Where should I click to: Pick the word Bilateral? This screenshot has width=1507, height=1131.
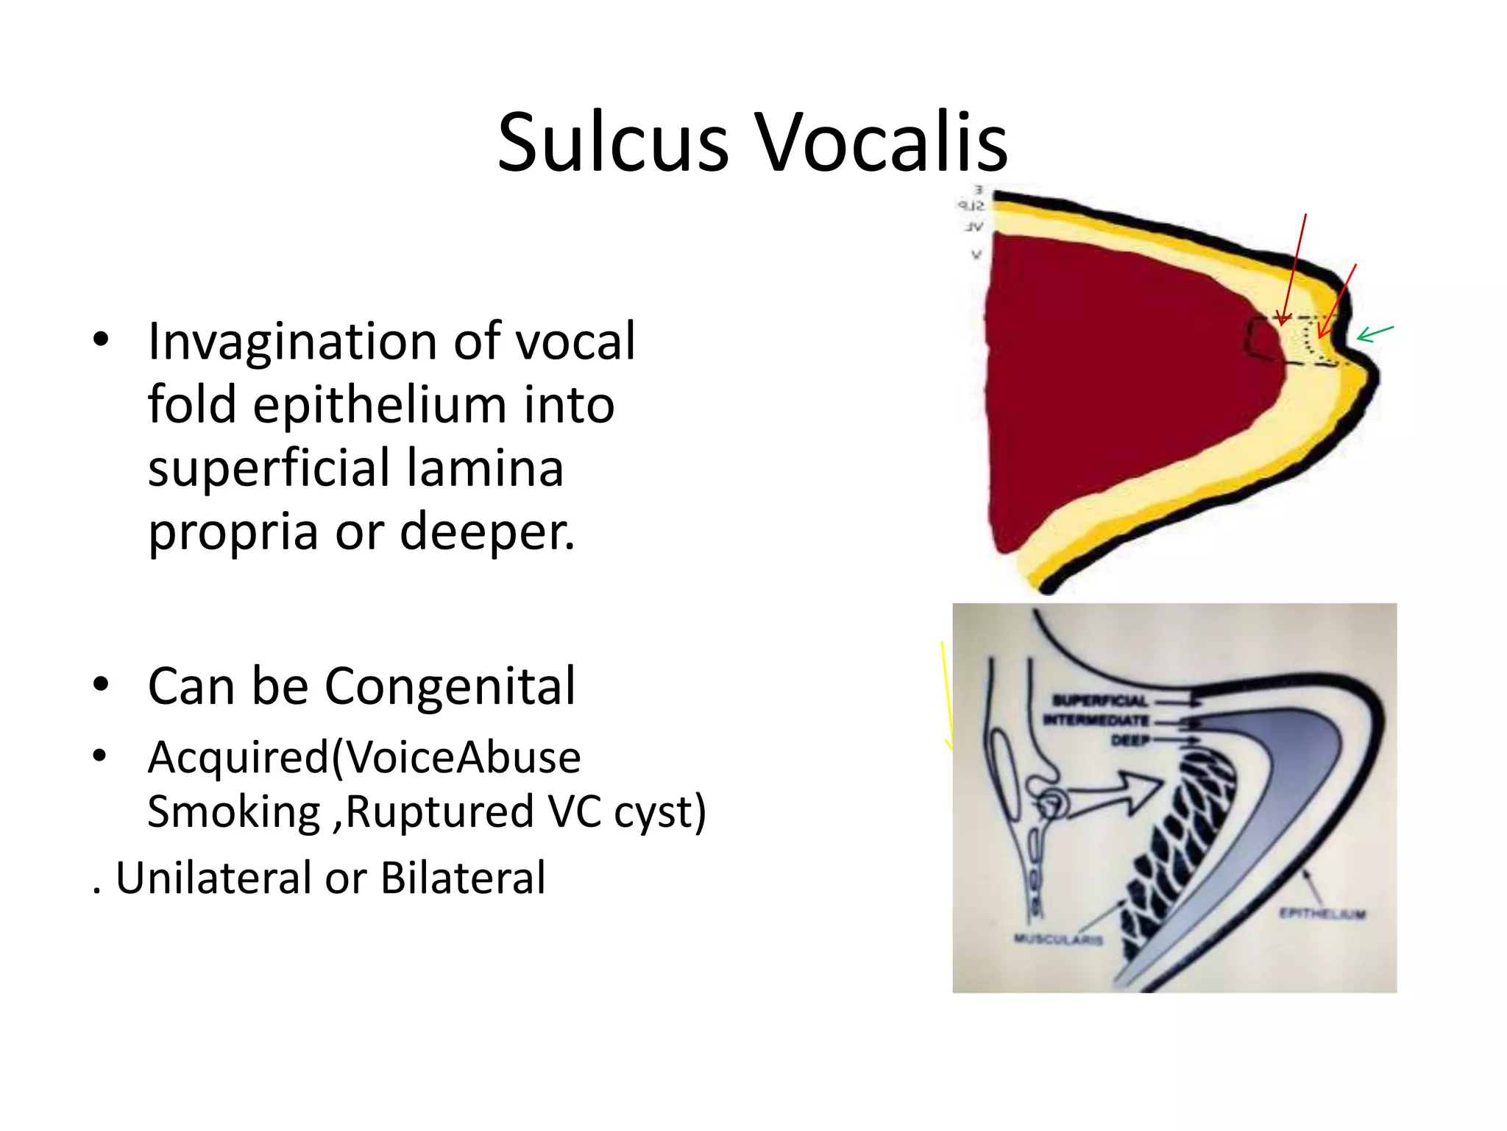463,878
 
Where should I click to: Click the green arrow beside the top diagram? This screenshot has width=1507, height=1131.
1375,334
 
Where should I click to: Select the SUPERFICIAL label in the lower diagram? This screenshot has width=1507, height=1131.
1099,700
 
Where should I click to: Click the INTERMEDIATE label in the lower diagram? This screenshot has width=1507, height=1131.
1096,720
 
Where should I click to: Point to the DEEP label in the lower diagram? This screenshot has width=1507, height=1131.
1130,740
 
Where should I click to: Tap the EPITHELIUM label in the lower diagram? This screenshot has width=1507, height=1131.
1322,914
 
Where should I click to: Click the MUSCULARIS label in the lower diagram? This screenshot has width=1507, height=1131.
1058,940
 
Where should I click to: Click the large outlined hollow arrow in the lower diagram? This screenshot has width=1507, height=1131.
1104,795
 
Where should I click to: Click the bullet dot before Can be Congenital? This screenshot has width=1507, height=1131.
101,685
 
